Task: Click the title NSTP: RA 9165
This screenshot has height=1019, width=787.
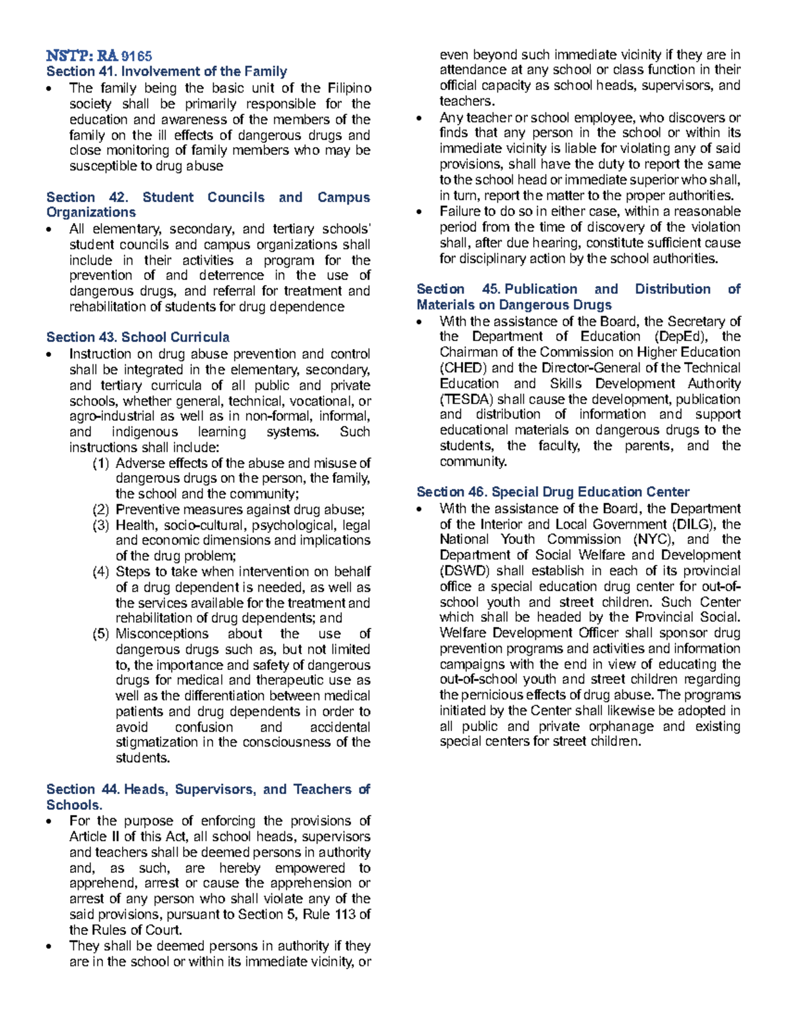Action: [x=99, y=56]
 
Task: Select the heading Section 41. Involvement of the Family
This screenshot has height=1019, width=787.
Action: [x=167, y=72]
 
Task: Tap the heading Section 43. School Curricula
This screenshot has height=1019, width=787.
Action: [x=138, y=337]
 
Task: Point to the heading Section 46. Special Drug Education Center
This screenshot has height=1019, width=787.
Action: [x=553, y=492]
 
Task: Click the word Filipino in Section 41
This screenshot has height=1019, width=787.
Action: [x=348, y=88]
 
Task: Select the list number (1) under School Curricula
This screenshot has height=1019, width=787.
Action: [x=100, y=463]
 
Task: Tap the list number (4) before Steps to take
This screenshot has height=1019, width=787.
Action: [x=100, y=572]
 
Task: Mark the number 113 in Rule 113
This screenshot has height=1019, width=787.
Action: [x=345, y=915]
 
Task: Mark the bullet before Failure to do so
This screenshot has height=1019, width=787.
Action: [x=420, y=212]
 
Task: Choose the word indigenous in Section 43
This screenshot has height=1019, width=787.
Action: [x=144, y=432]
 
